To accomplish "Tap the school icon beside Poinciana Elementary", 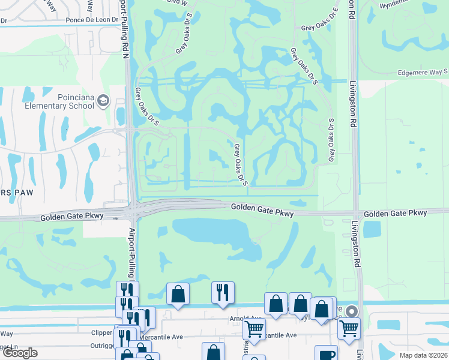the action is [104, 100].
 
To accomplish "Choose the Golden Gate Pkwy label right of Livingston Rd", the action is [395, 214].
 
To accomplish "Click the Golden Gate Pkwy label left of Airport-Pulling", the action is [72, 216].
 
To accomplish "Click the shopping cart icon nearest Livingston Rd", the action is [348, 328].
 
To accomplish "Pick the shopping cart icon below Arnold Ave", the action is [254, 329].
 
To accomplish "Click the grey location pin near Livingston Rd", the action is [352, 311].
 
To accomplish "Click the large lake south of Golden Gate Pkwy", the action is [213, 235].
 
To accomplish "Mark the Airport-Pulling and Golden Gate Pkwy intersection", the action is [133, 212].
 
